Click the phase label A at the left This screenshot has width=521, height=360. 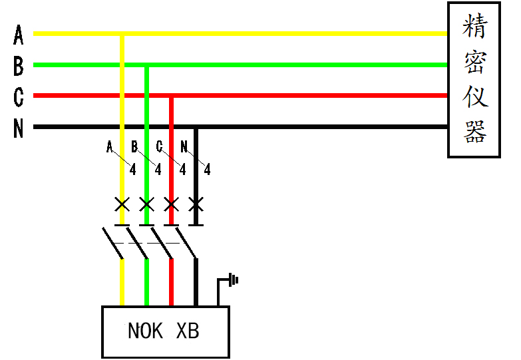[x=19, y=33]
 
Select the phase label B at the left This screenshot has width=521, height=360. [x=19, y=65]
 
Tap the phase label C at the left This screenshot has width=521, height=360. [x=19, y=96]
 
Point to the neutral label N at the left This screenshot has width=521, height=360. [x=19, y=128]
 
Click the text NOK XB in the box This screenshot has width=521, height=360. [x=163, y=331]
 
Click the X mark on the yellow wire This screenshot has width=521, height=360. [x=122, y=204]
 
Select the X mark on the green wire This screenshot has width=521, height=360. [x=146, y=204]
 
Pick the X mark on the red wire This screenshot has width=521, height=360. [x=171, y=204]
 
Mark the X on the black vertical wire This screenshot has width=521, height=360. [x=196, y=204]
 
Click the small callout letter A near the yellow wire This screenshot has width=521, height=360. [x=110, y=147]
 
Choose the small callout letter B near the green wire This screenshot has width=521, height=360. [x=134, y=147]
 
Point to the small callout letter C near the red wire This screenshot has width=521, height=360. [x=160, y=147]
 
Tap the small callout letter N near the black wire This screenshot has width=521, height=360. [x=184, y=147]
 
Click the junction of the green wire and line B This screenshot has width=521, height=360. [x=146, y=65]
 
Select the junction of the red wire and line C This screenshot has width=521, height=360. [x=171, y=96]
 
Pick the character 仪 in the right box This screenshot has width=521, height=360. [x=474, y=96]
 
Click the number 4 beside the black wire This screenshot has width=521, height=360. [x=207, y=170]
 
